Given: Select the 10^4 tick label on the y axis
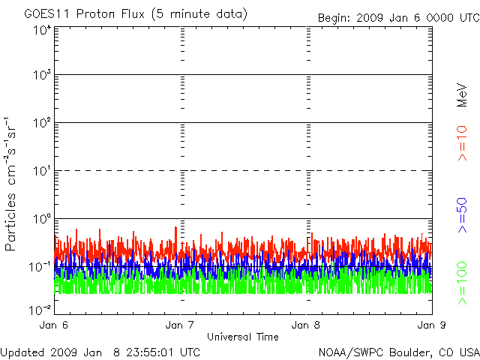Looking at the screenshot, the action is pos(43,31).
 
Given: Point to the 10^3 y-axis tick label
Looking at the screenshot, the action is pos(43,75).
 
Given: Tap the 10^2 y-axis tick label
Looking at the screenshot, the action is pos(43,123).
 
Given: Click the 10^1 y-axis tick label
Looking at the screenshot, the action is pos(43,171).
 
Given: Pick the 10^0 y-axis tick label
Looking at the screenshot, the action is pos(43,219).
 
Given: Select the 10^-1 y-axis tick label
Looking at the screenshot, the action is pos(40,267).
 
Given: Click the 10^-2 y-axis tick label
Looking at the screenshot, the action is pos(40,310).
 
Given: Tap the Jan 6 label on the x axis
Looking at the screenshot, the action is pos(54,325).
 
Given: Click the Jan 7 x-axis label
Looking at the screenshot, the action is pos(180,325).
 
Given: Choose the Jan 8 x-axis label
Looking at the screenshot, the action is pos(306,325).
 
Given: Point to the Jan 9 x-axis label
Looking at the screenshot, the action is pos(432,325).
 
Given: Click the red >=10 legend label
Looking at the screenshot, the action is pos(462,143).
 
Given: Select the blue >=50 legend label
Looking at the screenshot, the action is pos(462,215).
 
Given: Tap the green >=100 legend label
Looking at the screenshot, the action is pos(462,283).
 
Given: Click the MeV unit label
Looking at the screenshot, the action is pos(462,95).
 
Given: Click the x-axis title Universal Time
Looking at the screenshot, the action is pos(243,337).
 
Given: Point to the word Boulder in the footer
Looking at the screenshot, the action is pos(411,352).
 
